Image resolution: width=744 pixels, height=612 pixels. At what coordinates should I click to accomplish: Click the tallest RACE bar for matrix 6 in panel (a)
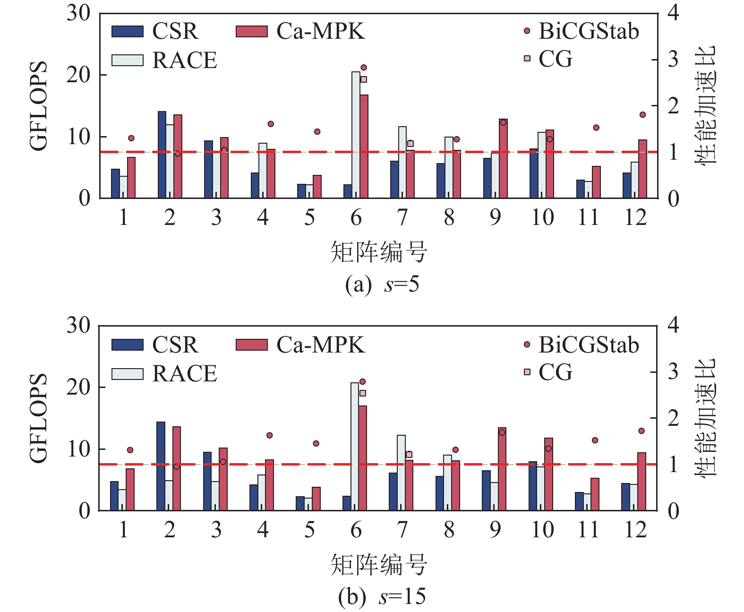coord(356,135)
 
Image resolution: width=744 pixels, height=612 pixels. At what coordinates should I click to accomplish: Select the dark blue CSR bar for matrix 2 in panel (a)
coord(162,155)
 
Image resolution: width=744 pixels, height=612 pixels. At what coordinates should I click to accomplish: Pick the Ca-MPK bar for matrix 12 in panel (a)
coord(642,169)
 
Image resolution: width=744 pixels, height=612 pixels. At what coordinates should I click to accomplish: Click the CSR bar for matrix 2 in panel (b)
coord(161,466)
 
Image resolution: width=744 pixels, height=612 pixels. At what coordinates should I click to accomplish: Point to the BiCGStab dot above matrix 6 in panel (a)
coord(364,68)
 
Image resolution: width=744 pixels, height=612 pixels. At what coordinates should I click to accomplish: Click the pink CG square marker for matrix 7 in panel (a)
coord(410,144)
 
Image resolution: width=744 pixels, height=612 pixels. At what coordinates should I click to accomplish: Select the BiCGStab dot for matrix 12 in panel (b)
coord(641,431)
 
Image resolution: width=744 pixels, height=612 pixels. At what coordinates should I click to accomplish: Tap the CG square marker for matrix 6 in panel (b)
coord(363,393)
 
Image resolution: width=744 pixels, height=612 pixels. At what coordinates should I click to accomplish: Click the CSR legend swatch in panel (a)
coord(128,32)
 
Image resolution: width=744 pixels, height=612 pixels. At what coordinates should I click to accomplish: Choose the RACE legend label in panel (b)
coord(185,374)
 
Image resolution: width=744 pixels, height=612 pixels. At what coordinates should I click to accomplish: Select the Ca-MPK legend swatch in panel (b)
coord(252,345)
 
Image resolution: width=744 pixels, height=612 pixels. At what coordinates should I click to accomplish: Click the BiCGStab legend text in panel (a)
coord(589,32)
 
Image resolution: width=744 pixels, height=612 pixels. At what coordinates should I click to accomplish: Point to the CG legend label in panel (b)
coord(556,372)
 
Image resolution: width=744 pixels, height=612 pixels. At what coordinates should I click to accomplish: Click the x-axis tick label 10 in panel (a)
coord(542,218)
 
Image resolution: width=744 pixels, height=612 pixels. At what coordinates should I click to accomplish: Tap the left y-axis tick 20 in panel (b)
coord(78,388)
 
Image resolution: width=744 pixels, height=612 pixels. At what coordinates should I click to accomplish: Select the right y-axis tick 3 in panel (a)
coord(673,60)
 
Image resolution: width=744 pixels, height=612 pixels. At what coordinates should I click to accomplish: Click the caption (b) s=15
coord(382,596)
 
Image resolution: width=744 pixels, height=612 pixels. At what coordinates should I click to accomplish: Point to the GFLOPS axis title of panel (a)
coord(39,106)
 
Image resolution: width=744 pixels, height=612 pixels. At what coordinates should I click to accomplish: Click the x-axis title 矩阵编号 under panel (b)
coord(379,565)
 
